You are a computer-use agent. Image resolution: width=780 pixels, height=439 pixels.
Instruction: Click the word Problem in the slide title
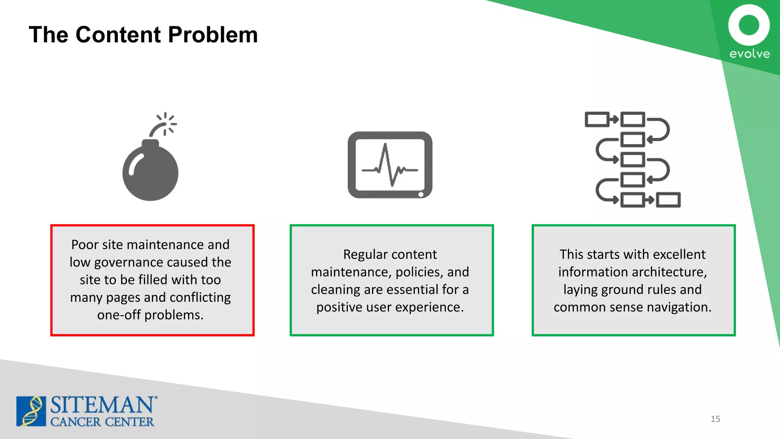click(x=213, y=35)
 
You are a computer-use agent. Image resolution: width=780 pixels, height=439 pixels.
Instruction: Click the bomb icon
click(x=150, y=170)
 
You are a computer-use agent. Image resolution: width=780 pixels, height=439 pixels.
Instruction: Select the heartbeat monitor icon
click(x=390, y=165)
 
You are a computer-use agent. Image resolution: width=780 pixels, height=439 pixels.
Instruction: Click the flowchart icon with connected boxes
click(x=633, y=159)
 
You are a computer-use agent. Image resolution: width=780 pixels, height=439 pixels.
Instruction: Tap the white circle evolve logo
click(x=749, y=25)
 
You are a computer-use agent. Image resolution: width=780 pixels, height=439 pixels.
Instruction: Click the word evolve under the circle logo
click(x=749, y=54)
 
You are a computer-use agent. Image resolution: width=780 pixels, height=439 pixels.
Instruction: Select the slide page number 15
click(x=715, y=419)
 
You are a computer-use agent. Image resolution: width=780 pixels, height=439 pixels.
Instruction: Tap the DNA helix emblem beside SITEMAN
click(x=31, y=411)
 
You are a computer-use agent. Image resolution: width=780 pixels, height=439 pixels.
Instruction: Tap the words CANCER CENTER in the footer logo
click(x=102, y=422)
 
